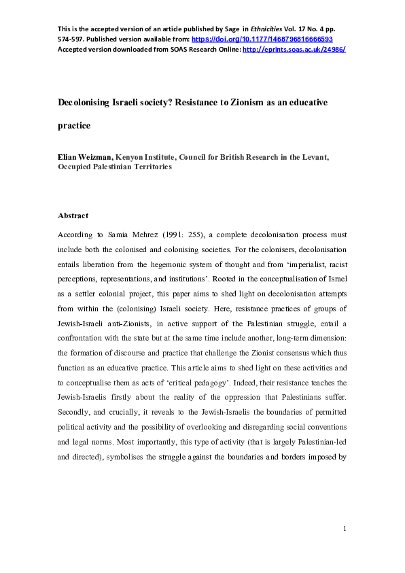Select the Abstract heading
(x=73, y=215)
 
